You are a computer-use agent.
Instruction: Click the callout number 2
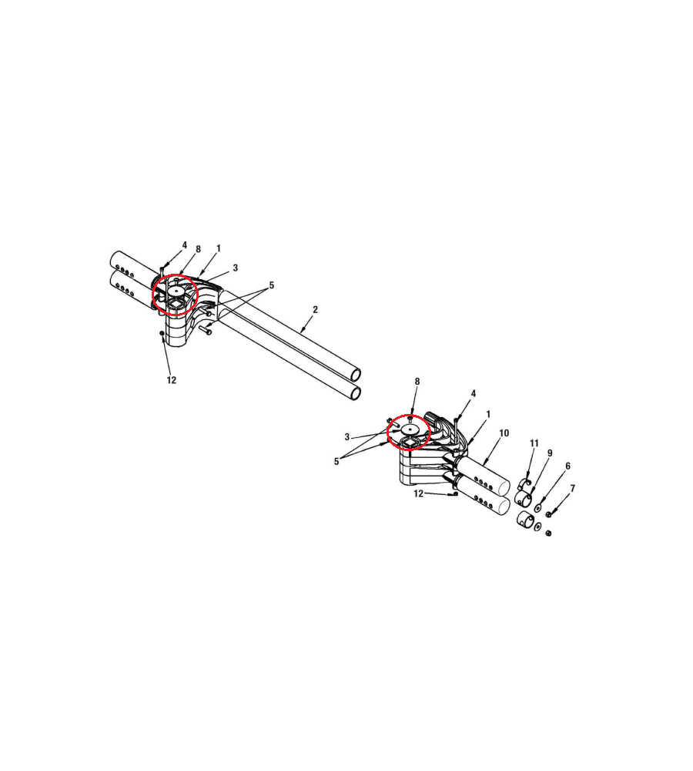point(315,309)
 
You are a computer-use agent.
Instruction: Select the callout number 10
point(504,433)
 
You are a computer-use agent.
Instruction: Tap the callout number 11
point(534,443)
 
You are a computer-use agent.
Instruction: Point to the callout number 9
point(550,453)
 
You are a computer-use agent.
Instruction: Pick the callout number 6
point(567,466)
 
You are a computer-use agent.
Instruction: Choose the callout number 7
point(573,489)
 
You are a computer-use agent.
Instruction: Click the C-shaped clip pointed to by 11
point(525,484)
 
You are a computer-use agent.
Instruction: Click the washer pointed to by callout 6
point(537,507)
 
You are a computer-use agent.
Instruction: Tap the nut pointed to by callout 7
point(548,515)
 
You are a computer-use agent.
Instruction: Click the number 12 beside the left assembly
point(172,380)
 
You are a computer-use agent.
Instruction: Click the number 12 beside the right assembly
point(418,493)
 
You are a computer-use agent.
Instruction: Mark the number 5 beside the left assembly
point(272,285)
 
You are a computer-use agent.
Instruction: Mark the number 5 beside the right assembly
point(336,462)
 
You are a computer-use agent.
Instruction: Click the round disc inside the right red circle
point(409,429)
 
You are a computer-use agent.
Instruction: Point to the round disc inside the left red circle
point(176,291)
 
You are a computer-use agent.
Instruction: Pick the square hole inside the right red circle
point(409,445)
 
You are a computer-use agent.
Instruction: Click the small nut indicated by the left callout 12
point(162,333)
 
